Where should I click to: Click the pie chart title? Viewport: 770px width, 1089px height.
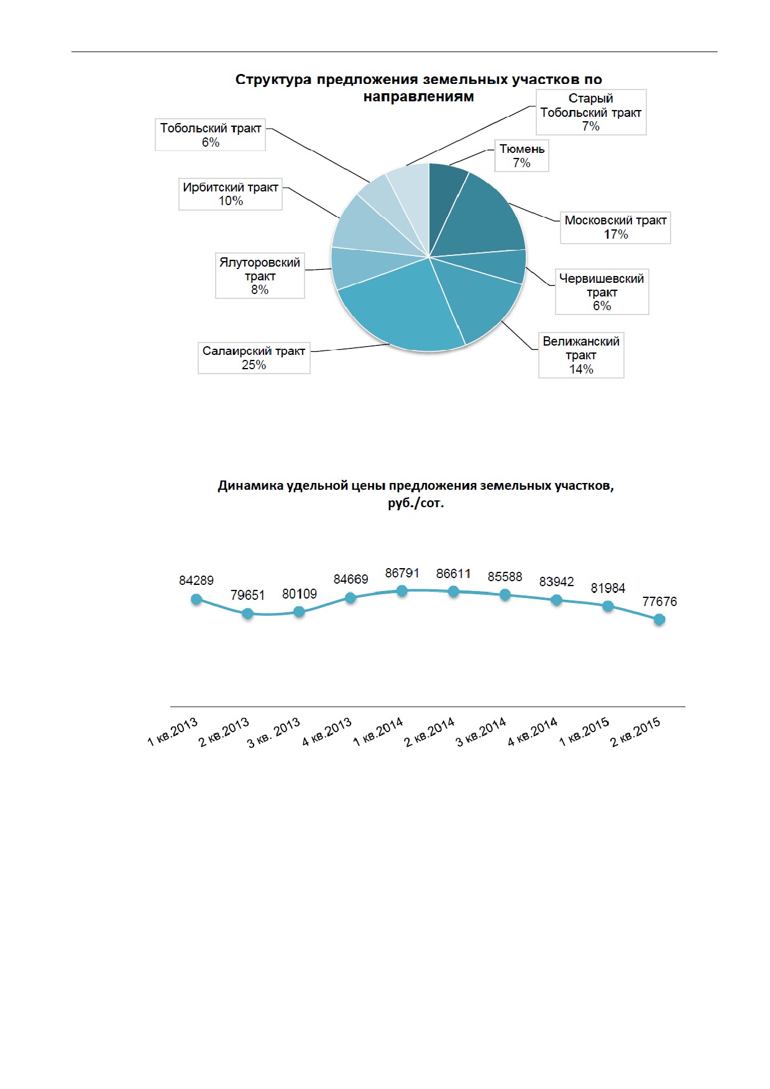[418, 88]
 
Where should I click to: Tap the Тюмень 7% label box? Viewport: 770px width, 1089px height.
[521, 155]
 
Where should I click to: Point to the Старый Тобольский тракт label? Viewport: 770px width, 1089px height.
[591, 112]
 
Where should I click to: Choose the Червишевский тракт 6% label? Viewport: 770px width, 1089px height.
[602, 292]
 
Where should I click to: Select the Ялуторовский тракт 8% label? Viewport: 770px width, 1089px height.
[260, 275]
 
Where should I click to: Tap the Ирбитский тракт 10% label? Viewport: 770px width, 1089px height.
[231, 194]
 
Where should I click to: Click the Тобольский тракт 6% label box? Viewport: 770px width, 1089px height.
[210, 134]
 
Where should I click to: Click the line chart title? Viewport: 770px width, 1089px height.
[416, 494]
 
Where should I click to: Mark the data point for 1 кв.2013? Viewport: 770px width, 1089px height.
[196, 599]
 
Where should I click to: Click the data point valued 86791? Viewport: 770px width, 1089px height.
[402, 591]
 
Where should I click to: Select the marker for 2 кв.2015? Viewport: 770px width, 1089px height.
[659, 620]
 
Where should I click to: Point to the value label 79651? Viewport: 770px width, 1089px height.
[247, 595]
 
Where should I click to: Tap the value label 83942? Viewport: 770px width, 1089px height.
[556, 582]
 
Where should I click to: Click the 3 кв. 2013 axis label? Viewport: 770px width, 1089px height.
[273, 732]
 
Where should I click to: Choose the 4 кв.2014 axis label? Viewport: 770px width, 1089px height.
[533, 732]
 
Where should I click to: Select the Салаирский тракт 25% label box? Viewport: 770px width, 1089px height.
[254, 357]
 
